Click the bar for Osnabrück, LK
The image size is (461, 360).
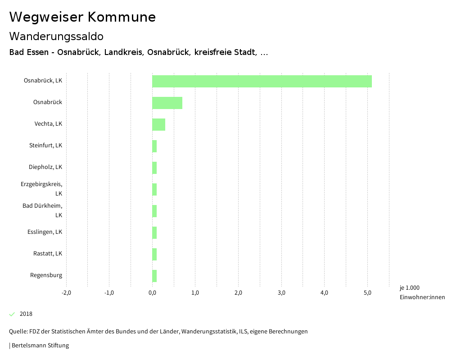point(262,81)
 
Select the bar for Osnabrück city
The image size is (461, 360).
point(167,103)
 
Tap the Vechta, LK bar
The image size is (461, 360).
point(158,124)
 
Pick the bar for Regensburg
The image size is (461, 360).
point(154,276)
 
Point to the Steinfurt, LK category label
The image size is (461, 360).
point(45,146)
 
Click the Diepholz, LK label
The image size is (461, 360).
point(45,167)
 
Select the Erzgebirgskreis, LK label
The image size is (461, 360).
point(41,189)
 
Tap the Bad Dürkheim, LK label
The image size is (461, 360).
point(42,210)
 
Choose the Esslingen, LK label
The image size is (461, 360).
point(45,232)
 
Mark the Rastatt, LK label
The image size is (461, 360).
point(47,254)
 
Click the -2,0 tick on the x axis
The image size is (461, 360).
point(66,293)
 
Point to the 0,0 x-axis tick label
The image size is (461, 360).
point(152,293)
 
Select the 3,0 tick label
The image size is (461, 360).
point(281,293)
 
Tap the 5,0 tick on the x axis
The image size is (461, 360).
point(367,293)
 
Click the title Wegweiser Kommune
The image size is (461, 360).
point(82,17)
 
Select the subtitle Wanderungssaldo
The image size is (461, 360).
point(56,36)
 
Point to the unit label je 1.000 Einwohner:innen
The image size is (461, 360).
point(422,292)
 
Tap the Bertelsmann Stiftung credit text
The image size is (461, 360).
point(40,346)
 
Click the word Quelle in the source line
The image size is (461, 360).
point(18,332)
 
